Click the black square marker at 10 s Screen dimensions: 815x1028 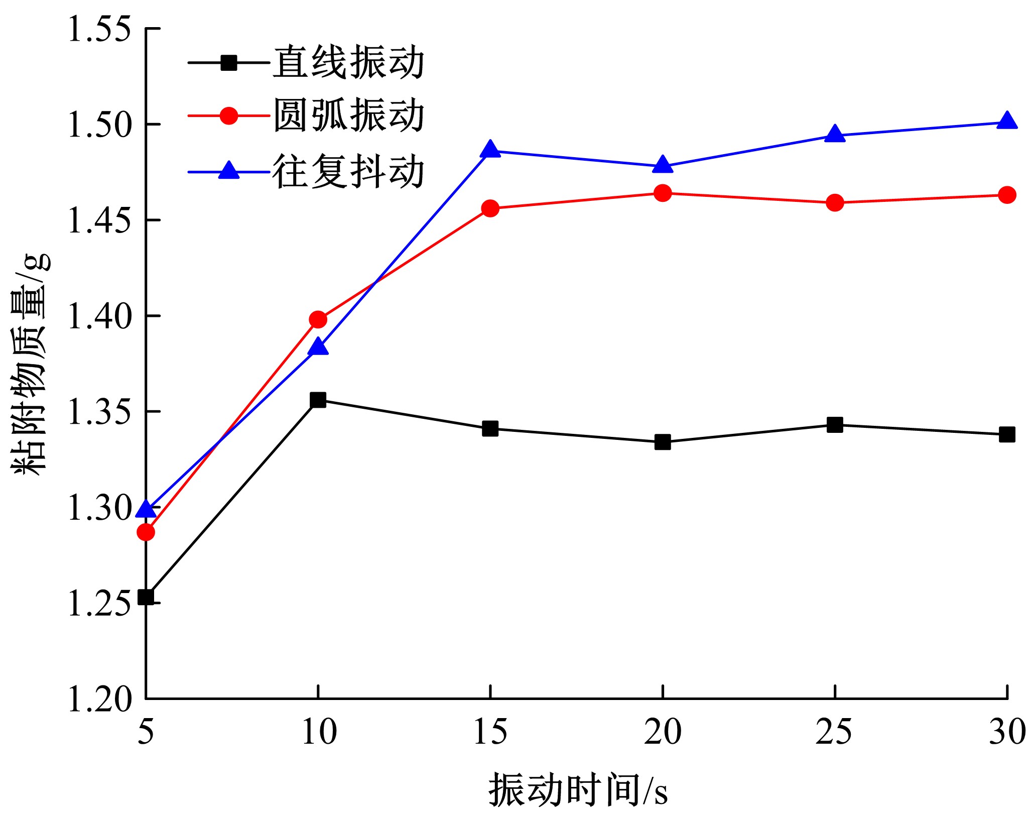318,400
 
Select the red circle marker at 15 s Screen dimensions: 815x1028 490,208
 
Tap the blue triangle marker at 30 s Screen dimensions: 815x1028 1007,122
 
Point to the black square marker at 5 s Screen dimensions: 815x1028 146,597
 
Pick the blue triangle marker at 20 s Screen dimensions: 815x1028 663,165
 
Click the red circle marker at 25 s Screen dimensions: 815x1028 835,203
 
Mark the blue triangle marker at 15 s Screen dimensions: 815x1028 490,150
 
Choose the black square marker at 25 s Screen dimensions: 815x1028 835,425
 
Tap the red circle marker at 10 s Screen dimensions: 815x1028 318,319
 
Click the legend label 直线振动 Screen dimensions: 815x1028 349,63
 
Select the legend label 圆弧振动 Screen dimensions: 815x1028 349,116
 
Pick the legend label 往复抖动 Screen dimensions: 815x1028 349,172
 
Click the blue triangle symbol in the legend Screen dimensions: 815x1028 229,171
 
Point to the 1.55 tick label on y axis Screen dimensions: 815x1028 99,29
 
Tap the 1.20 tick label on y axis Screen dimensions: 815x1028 99,698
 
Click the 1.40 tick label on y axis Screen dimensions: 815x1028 99,316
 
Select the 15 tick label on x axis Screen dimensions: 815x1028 490,732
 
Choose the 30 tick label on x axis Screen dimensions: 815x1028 1007,732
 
